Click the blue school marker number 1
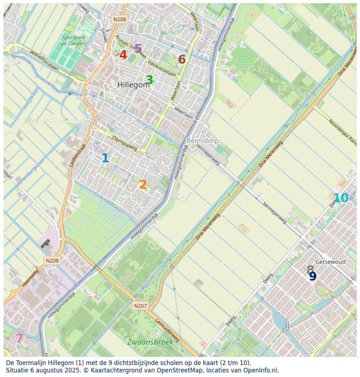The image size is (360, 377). [105, 158]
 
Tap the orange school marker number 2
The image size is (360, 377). [143, 185]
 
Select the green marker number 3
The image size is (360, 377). [149, 80]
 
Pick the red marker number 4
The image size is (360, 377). [123, 55]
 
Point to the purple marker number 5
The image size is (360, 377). [138, 49]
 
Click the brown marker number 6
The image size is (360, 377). [181, 59]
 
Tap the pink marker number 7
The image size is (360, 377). [19, 338]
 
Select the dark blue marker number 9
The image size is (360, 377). [312, 276]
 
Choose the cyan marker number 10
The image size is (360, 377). [340, 198]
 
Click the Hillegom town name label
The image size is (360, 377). [133, 85]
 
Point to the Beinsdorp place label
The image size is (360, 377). [202, 141]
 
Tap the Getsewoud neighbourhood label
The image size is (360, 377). [330, 262]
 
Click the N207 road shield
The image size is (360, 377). [140, 305]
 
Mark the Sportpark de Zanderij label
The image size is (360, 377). [75, 40]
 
